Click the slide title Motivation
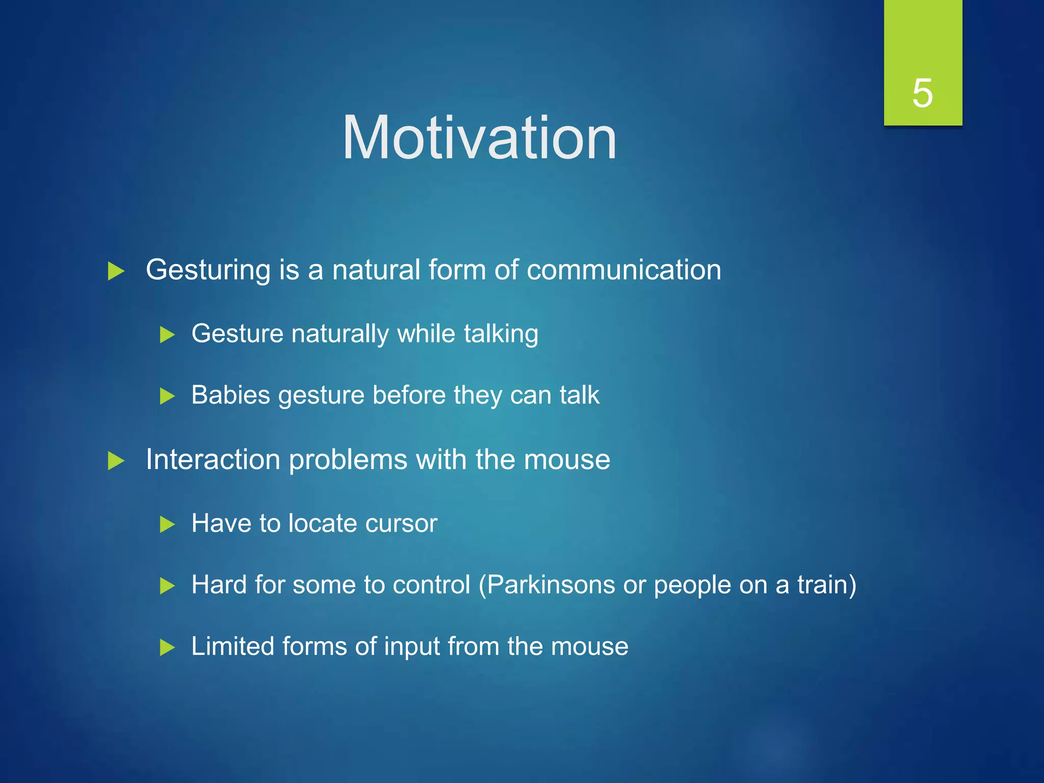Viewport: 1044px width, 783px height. click(x=479, y=138)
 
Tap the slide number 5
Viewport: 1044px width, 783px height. click(x=922, y=93)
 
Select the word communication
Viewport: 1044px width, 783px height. click(x=623, y=270)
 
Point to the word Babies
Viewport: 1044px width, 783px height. click(x=230, y=395)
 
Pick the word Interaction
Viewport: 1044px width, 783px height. click(x=213, y=459)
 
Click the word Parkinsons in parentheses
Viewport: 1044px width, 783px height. click(x=551, y=585)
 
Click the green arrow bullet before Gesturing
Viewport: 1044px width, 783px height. click(x=116, y=271)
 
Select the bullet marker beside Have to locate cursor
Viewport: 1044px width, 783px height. click(x=167, y=525)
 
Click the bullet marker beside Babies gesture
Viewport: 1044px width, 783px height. click(x=167, y=396)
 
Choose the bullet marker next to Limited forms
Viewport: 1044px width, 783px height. click(x=167, y=648)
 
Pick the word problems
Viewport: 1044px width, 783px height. click(x=348, y=460)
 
